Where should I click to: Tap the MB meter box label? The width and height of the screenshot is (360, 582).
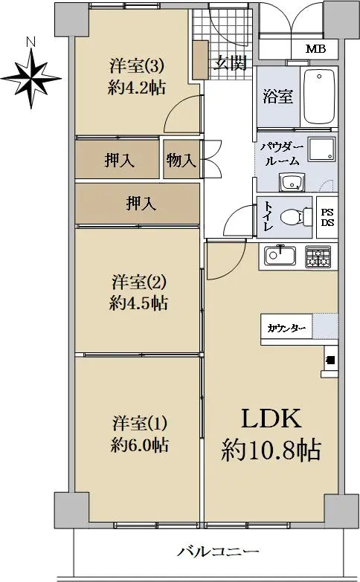click(315, 48)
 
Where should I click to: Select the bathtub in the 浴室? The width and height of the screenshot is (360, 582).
click(319, 97)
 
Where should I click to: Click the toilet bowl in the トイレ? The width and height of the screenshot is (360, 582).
click(296, 217)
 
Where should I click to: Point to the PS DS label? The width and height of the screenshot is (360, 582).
click(327, 218)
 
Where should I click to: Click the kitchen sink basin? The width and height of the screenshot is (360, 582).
click(280, 256)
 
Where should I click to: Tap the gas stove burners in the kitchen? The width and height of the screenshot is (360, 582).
click(318, 257)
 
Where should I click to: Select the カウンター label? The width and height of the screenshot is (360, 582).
click(286, 329)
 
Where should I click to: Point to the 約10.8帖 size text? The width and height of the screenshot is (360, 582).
click(271, 450)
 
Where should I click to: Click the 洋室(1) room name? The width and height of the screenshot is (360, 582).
click(140, 424)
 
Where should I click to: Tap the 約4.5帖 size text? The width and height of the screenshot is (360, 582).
click(138, 303)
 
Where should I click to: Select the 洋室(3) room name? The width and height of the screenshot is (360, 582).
click(137, 67)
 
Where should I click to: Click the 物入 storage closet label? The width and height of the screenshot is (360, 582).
click(181, 161)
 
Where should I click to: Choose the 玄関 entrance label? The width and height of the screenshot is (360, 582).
click(231, 63)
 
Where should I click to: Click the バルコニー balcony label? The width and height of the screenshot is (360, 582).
click(218, 552)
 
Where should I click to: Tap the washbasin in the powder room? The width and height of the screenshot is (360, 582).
click(292, 183)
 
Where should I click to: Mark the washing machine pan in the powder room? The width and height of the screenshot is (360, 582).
click(322, 149)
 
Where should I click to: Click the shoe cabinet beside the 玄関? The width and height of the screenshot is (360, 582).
click(201, 59)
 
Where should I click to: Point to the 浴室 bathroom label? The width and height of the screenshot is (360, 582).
click(278, 97)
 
